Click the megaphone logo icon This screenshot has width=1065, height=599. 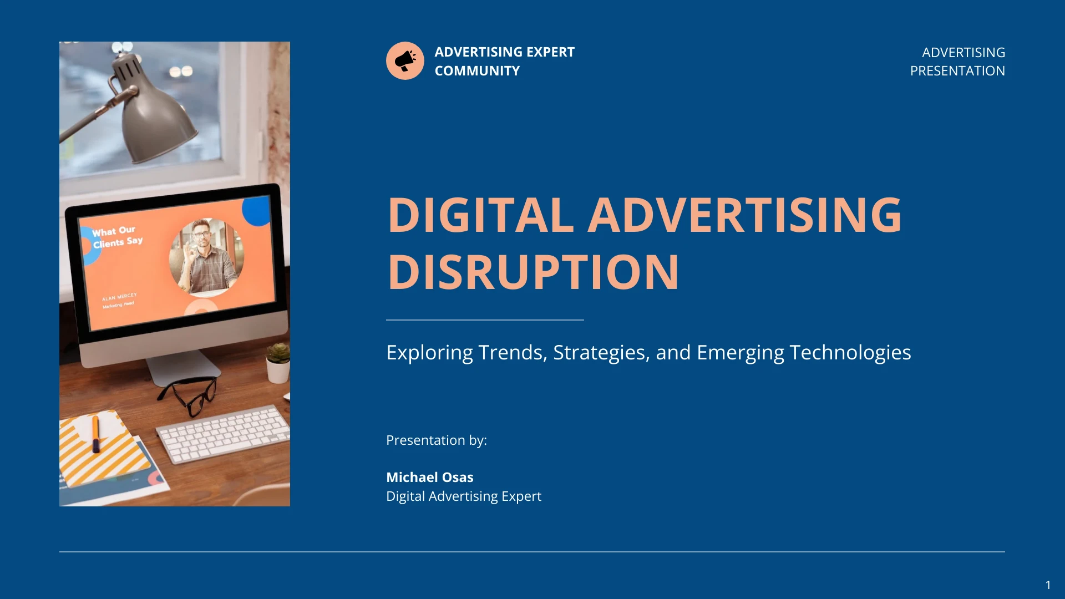click(x=405, y=60)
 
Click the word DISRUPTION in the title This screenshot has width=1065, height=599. click(x=532, y=272)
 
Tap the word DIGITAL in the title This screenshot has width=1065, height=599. click(x=480, y=215)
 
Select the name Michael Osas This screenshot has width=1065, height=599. click(x=429, y=477)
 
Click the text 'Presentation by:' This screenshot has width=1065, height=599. click(x=436, y=440)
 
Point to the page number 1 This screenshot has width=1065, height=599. click(x=1048, y=585)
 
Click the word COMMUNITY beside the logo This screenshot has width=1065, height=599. click(x=477, y=71)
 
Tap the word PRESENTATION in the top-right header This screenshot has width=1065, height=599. click(x=957, y=71)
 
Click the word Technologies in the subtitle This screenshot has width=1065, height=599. click(x=850, y=353)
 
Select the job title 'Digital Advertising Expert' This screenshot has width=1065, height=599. click(x=463, y=496)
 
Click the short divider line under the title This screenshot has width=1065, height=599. click(x=484, y=320)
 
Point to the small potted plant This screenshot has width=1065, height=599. click(x=278, y=363)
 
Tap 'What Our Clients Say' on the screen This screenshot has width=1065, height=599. click(x=116, y=237)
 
